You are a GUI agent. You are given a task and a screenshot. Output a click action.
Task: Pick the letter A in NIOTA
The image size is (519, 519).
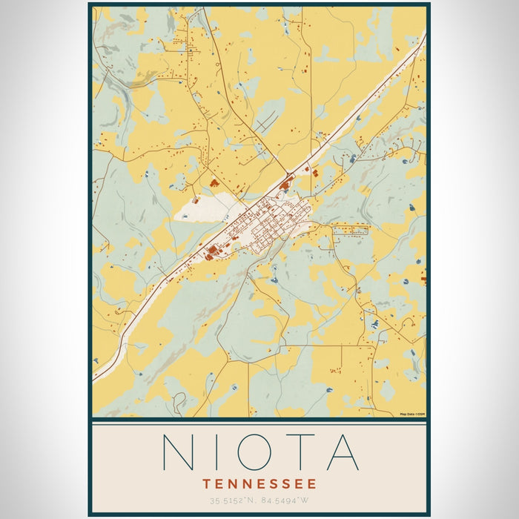pyautogui.click(x=343, y=452)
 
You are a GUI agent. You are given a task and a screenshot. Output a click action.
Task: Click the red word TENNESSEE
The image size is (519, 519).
pyautogui.click(x=259, y=483)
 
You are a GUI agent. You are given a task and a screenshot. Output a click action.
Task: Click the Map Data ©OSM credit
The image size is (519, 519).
pyautogui.click(x=411, y=414)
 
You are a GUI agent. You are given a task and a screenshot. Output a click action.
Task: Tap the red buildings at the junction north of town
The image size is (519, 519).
pyautogui.click(x=285, y=182)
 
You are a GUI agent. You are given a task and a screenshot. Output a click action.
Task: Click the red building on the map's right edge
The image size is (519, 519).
pyautogui.click(x=423, y=280)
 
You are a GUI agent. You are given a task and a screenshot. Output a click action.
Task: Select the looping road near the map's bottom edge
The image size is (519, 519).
pyautogui.click(x=179, y=403)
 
